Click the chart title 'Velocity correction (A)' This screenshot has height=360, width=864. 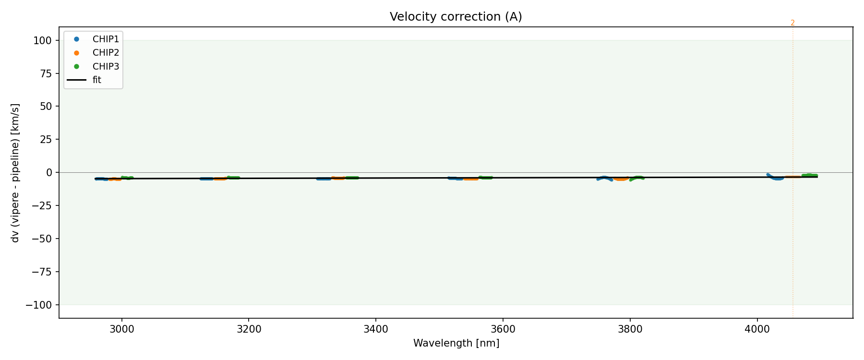tap(456, 17)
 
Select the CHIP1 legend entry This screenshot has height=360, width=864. tap(106, 39)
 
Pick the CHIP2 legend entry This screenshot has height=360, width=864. tap(106, 53)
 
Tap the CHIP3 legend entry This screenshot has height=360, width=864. tap(106, 67)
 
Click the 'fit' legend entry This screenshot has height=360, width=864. tap(97, 80)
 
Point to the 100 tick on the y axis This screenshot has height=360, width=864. tap(42, 41)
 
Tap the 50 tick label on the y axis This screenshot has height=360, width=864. tap(46, 107)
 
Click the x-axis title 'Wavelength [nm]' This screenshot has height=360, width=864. tap(456, 344)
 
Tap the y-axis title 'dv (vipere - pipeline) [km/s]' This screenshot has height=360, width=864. tap(15, 173)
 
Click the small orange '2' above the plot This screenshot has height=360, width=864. tap(792, 23)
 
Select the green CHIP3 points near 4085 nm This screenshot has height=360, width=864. tap(810, 175)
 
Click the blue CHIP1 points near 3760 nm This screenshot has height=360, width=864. tap(604, 178)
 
